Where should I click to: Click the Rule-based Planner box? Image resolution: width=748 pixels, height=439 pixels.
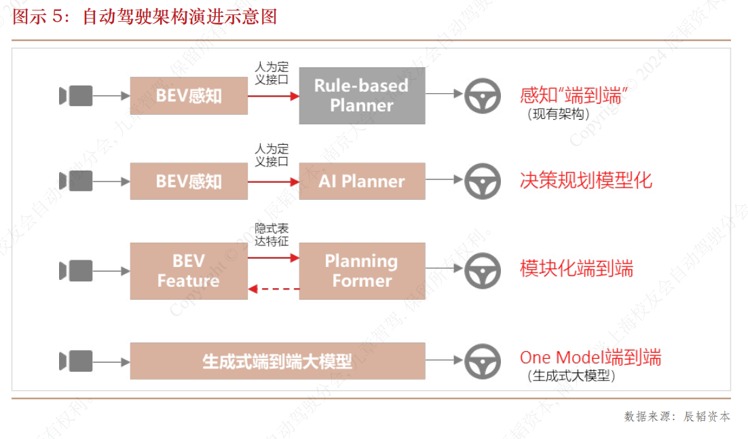click(362, 96)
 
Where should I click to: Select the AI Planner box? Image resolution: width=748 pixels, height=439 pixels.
click(362, 181)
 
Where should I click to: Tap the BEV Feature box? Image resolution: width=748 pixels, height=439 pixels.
click(189, 270)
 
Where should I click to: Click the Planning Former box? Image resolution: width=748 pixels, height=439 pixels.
click(362, 270)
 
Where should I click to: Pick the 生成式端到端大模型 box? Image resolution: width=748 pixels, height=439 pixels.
click(277, 361)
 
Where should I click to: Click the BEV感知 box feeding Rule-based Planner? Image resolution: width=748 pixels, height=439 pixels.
click(189, 96)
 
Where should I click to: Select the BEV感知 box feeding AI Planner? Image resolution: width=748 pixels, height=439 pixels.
click(189, 181)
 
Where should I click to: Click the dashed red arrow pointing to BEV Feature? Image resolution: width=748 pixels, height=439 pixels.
click(274, 289)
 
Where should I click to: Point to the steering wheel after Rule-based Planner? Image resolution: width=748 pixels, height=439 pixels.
click(483, 96)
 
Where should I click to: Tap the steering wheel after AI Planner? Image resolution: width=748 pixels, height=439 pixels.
click(483, 181)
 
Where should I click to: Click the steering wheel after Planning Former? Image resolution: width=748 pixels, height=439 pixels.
click(483, 270)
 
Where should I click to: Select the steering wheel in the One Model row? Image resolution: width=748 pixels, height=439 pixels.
click(483, 361)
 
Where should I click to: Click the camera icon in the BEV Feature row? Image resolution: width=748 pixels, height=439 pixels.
click(75, 270)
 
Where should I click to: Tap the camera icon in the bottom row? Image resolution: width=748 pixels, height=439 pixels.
click(75, 361)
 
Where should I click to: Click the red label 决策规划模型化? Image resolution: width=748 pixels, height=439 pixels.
click(586, 180)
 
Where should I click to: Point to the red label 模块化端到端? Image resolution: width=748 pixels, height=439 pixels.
click(576, 269)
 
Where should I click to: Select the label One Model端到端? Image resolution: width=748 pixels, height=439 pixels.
click(590, 357)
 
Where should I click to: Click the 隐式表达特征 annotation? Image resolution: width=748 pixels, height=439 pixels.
click(272, 235)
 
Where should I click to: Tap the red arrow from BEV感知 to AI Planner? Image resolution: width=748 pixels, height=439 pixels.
click(274, 181)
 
